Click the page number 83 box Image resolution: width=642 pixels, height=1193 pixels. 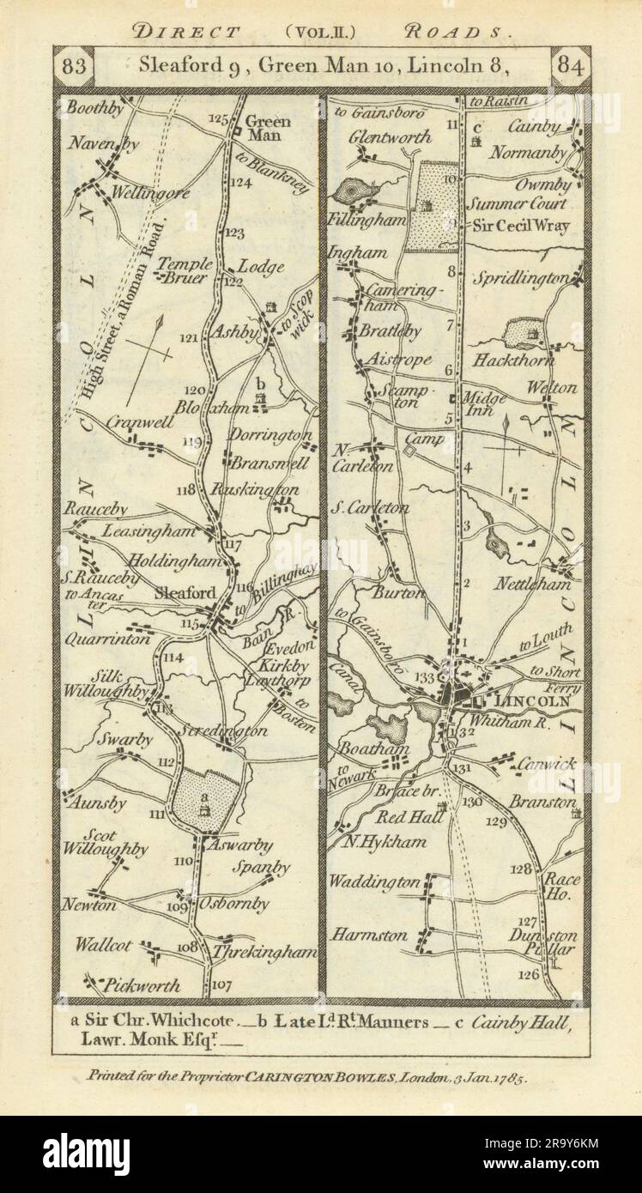(x=78, y=65)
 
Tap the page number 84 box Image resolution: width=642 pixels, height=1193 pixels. (x=567, y=65)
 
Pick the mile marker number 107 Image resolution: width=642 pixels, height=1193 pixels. (x=221, y=984)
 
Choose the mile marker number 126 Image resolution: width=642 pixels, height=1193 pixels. (x=529, y=974)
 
